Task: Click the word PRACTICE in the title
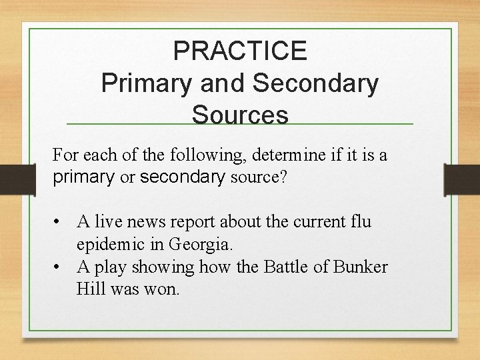[240, 51]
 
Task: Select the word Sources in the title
[240, 115]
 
